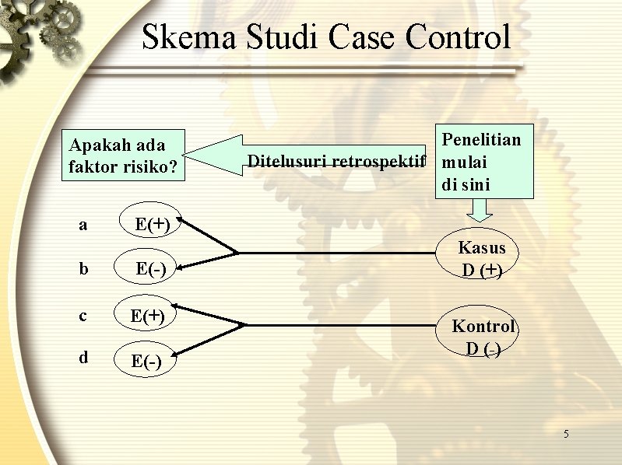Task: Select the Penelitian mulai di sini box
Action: point(483,162)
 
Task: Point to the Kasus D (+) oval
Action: point(482,259)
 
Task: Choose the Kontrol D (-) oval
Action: point(483,337)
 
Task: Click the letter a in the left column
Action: point(83,226)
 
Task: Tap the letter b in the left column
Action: point(83,269)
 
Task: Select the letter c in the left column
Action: point(83,315)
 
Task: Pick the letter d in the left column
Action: point(83,358)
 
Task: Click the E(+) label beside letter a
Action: point(153,225)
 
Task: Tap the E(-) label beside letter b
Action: point(150,269)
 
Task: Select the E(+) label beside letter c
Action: point(147,316)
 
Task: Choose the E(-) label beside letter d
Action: point(147,361)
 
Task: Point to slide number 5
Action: point(566,433)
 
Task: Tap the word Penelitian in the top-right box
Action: point(481,139)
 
